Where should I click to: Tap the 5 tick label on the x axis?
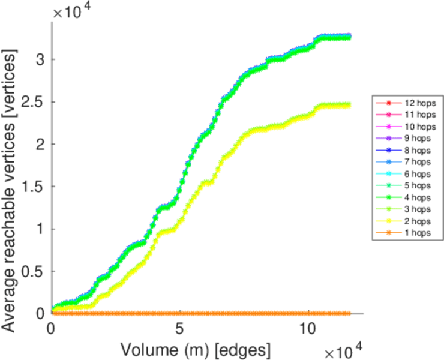[x=179, y=329]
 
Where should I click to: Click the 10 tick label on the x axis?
[x=308, y=329]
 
